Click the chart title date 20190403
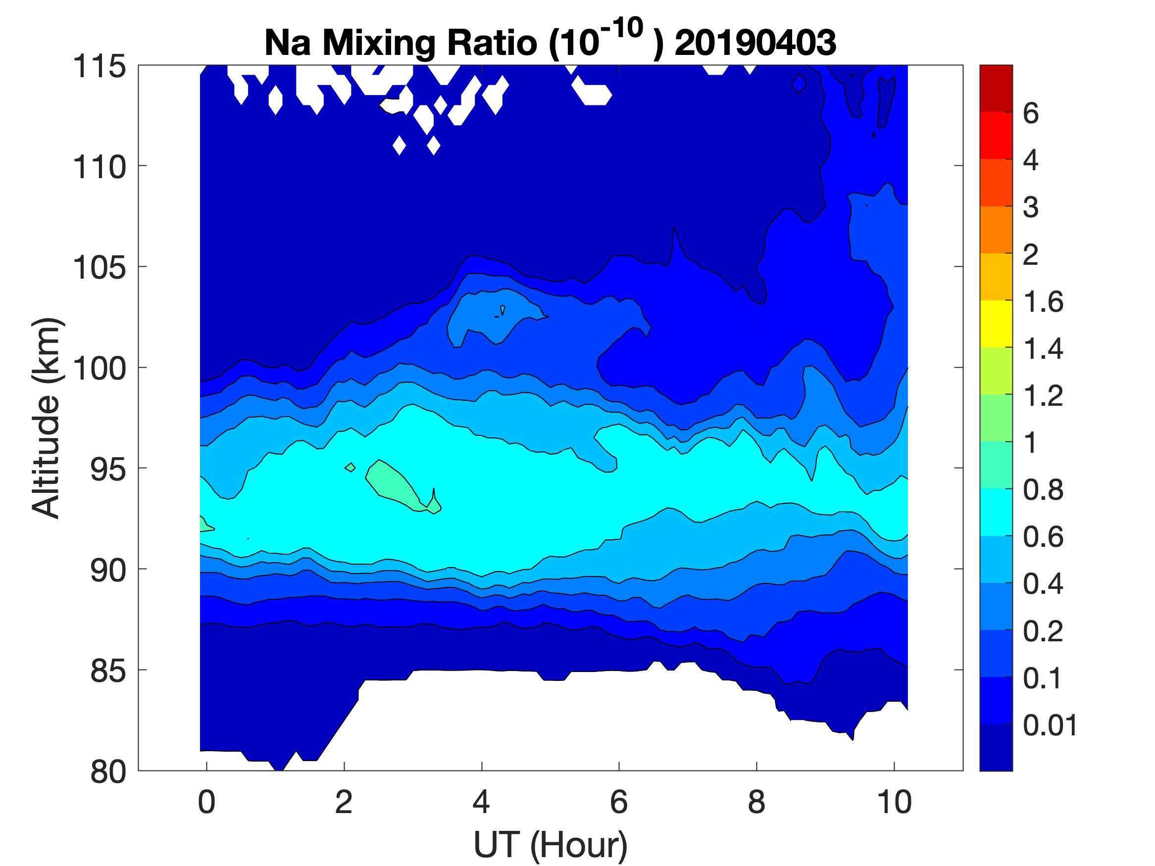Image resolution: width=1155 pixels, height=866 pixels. (x=755, y=43)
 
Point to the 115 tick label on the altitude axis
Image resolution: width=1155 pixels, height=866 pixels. (x=99, y=67)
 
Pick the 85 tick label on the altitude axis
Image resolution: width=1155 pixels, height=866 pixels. (x=108, y=671)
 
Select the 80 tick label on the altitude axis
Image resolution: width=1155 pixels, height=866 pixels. (x=108, y=771)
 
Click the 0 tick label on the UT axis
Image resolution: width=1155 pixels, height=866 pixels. (x=207, y=802)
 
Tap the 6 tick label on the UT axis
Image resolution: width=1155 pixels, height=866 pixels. (x=619, y=802)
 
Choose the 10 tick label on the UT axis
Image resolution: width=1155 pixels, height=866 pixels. (x=894, y=802)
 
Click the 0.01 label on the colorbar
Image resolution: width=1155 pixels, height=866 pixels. (x=1050, y=725)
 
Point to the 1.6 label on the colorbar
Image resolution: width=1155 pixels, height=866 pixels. (x=1043, y=302)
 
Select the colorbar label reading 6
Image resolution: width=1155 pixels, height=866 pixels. (x=1031, y=113)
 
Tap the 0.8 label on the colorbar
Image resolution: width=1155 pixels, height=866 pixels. (x=1043, y=489)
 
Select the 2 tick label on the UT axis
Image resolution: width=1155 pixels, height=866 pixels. (x=344, y=802)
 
